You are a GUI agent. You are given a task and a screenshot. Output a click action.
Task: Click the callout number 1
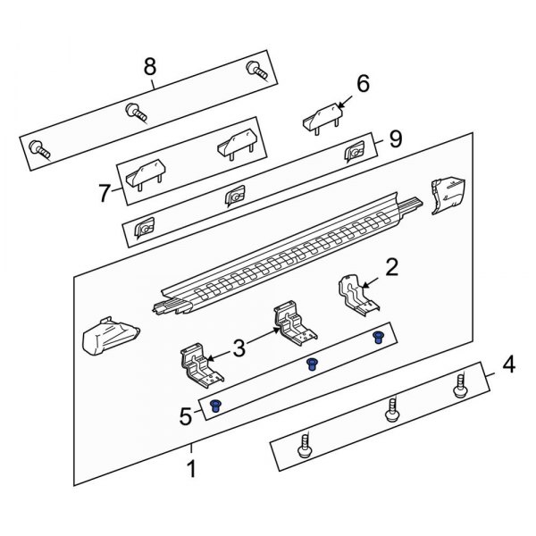[189, 468]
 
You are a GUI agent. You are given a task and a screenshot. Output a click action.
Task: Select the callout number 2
[391, 267]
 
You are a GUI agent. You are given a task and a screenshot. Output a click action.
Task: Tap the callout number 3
[239, 348]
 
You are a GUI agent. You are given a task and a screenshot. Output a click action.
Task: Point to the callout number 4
[508, 364]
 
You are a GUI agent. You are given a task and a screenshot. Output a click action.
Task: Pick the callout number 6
[363, 83]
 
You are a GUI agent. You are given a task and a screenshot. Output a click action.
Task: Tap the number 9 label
[395, 139]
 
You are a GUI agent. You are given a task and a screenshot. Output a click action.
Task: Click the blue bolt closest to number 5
[215, 407]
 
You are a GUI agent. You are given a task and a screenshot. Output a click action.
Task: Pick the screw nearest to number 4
[463, 387]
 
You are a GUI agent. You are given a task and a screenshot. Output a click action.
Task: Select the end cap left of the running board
[106, 337]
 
